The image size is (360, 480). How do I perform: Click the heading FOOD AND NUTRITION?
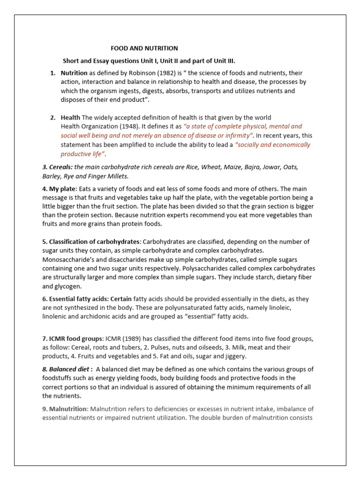pos(144,48)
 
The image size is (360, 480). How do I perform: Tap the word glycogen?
pos(69,286)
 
